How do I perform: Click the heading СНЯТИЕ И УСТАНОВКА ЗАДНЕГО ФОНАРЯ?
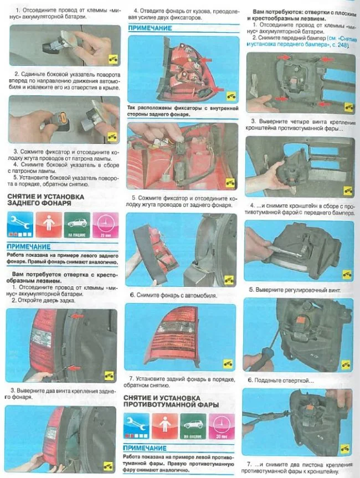pos(46,200)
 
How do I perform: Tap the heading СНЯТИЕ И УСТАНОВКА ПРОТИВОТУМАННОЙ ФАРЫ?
pos(171,401)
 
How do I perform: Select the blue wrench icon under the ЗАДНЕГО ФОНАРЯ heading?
pos(20,225)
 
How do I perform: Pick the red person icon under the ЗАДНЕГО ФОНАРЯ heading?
pos(49,225)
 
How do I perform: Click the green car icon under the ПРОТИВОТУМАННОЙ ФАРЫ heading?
pos(193,426)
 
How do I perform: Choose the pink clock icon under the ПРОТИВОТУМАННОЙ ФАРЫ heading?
pos(222,426)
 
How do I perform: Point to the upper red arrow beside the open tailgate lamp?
pos(77,316)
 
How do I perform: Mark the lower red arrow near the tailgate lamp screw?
pos(74,368)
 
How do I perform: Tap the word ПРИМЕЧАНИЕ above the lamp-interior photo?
pos(150,28)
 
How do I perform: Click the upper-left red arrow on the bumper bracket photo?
pos(285,57)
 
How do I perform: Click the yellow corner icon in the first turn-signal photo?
pos(113,59)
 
